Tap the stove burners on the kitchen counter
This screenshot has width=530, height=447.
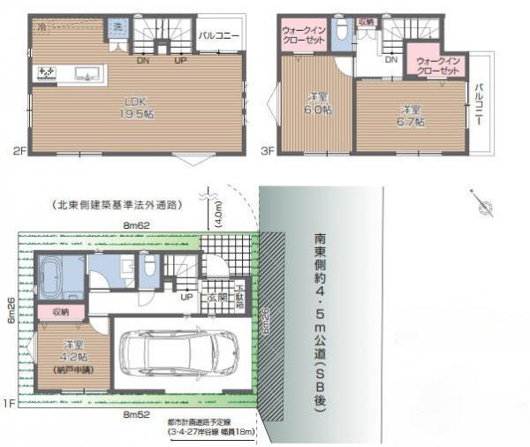47,73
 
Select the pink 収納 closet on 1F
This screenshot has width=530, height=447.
59,312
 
